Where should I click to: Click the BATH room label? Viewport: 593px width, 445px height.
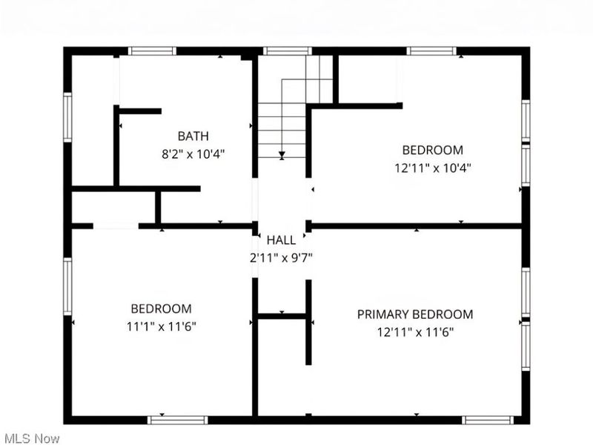point(193,136)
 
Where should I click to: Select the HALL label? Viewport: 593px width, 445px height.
point(281,240)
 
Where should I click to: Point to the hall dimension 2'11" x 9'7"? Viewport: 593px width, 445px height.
point(281,257)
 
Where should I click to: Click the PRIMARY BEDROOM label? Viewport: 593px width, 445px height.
point(415,314)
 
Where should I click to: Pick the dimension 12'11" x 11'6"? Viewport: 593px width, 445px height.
point(415,332)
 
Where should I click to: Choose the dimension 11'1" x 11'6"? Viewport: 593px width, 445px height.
point(161,326)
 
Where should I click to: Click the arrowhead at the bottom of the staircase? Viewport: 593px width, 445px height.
point(282,156)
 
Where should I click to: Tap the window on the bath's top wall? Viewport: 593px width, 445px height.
point(152,51)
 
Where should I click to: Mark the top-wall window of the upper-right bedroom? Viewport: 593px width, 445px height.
point(431,51)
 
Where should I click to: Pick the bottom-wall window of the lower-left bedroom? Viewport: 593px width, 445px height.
point(178,420)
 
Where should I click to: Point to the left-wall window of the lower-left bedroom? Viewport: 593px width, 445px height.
point(67,286)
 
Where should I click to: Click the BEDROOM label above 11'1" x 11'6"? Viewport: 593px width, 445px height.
point(161,309)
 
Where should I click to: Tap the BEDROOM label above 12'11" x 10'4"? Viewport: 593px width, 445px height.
point(433,150)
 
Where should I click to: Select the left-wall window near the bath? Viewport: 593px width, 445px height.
point(67,116)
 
